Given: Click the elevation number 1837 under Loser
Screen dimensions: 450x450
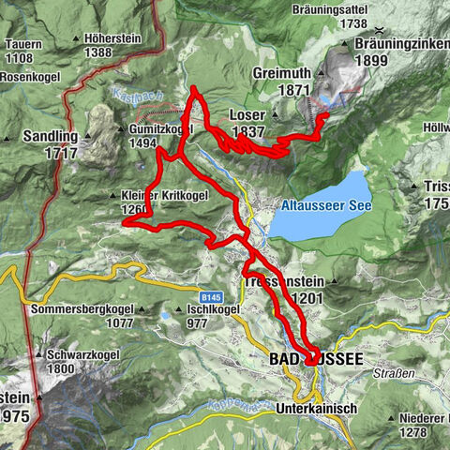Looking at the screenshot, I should pyautogui.click(x=244, y=132).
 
